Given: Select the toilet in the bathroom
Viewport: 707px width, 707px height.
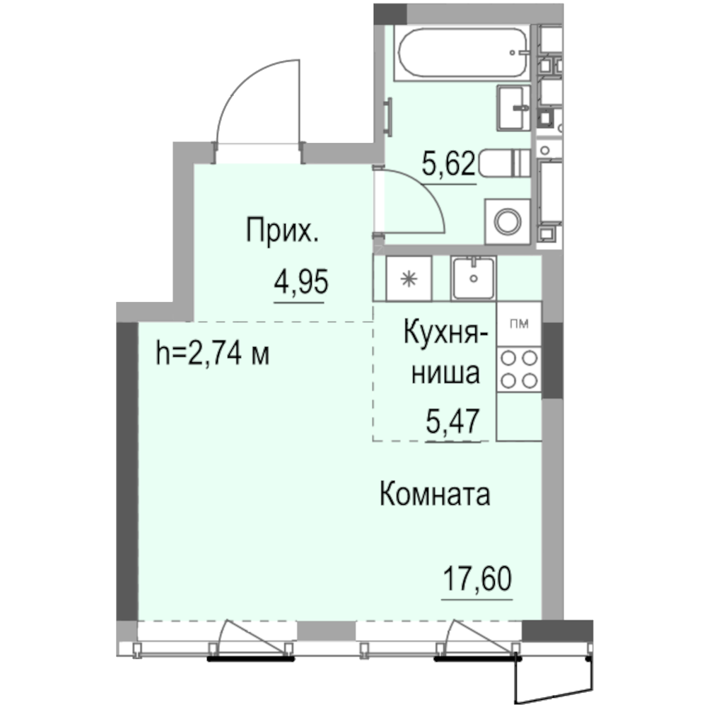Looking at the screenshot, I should point(504,165).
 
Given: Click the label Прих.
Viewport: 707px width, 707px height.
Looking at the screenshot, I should point(281,230).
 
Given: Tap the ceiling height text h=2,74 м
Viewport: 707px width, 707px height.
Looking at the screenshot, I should point(212,353).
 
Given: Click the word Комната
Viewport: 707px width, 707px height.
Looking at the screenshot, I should point(435,495).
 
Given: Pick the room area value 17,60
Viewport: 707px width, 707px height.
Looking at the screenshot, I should point(477,581).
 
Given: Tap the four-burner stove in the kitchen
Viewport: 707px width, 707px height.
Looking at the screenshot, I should point(518,369).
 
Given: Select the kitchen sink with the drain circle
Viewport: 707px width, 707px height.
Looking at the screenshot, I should point(473,276).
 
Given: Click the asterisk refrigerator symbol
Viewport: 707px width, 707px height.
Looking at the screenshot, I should point(407,279).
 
